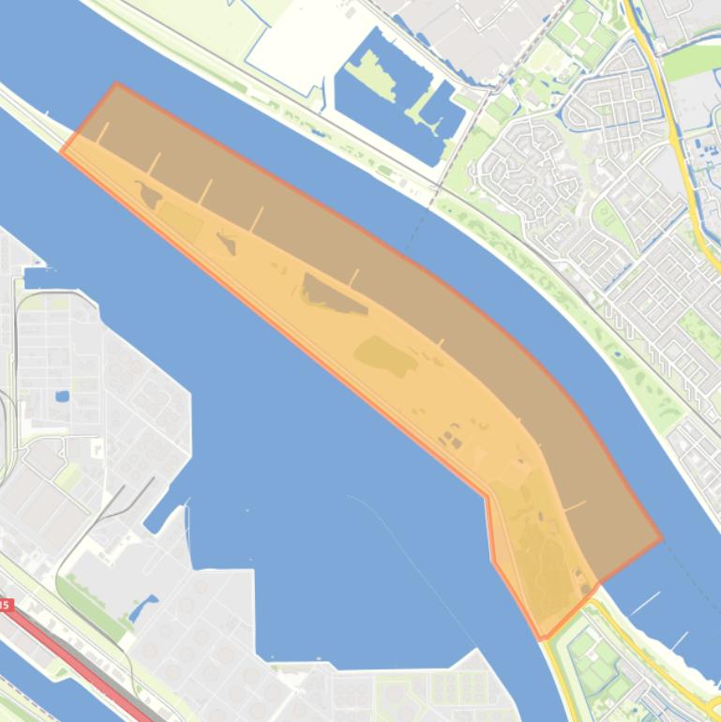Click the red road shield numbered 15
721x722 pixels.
pyautogui.click(x=5, y=606)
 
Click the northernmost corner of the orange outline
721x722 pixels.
pyautogui.click(x=116, y=83)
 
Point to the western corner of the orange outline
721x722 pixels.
pyautogui.click(x=62, y=151)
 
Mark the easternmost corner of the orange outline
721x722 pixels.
pyautogui.click(x=662, y=539)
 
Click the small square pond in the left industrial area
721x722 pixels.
pyautogui.click(x=62, y=397)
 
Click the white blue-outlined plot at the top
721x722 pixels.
pyautogui.click(x=300, y=47)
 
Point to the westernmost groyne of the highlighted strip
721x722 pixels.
pyautogui.click(x=102, y=133)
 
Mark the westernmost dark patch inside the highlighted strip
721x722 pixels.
pyautogui.click(x=148, y=195)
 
